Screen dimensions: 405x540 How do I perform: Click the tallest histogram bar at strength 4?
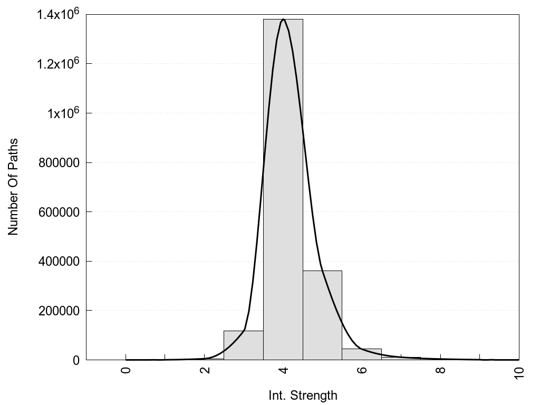coord(283,190)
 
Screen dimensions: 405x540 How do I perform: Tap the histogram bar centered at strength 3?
coord(243,345)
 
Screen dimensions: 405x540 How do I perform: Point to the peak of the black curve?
coord(283,20)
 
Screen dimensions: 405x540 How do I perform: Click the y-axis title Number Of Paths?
coord(13,187)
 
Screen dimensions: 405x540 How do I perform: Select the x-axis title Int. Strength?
coord(303,395)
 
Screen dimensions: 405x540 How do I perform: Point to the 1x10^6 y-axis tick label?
coord(63,113)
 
